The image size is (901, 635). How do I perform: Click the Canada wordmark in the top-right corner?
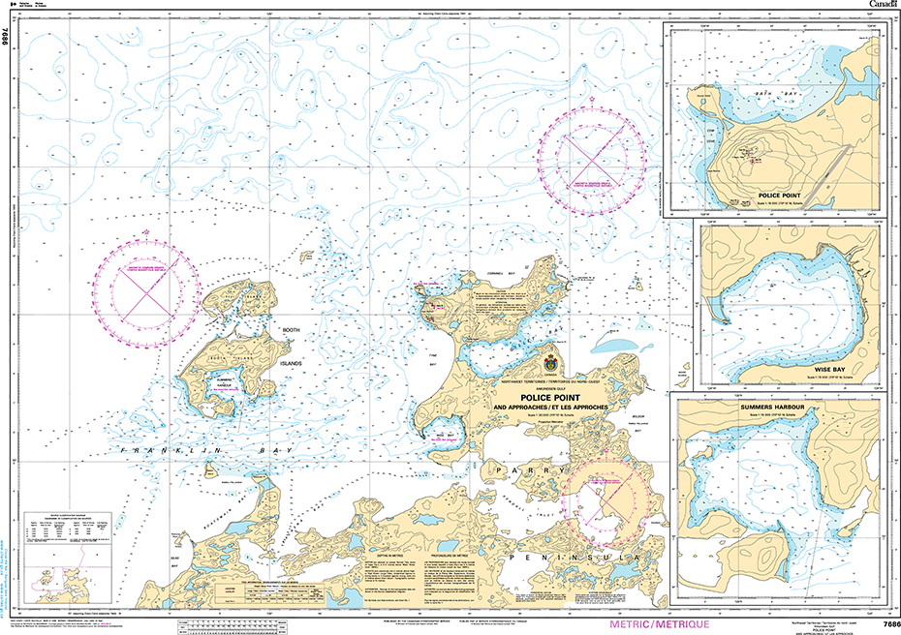tap(880, 5)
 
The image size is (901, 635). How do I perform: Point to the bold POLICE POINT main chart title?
tap(549, 397)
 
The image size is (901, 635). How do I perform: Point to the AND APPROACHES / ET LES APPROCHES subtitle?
tap(550, 408)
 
